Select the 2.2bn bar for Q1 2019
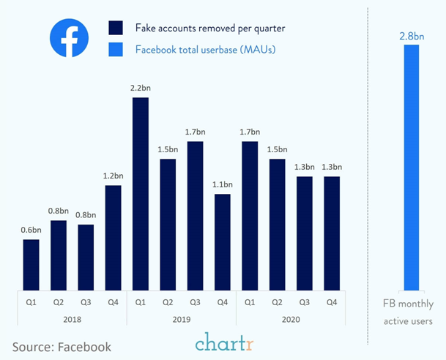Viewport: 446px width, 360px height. coord(141,193)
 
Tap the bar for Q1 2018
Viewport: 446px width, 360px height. coord(31,264)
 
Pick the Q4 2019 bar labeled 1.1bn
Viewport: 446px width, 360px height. coord(223,241)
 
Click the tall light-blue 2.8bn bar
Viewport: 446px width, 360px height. coord(411,168)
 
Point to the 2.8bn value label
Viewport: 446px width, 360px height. coord(411,34)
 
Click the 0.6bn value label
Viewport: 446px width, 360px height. coord(31,229)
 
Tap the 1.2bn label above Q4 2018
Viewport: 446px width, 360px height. coord(114,176)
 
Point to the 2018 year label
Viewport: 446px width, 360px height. coord(72,320)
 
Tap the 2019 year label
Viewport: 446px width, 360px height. coord(182,320)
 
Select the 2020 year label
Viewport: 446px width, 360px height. coord(291,320)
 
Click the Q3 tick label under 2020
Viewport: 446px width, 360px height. coord(305,301)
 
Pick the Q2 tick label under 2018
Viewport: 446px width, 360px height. coord(59,301)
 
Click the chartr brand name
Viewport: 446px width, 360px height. coord(224,342)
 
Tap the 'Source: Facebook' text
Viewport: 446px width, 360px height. coord(62,346)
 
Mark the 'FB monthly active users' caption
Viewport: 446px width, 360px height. coord(409,312)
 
